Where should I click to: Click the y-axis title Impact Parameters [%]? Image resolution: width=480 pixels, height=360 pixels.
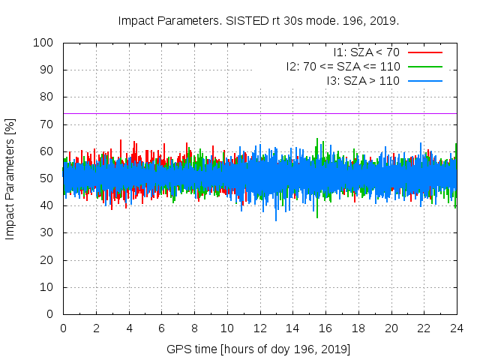pos(10,178)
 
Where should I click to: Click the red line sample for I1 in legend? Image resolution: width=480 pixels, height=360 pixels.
pos(425,52)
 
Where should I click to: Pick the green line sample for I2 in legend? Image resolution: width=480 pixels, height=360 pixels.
pos(425,67)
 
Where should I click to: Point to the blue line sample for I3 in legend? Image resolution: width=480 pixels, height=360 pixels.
pos(425,81)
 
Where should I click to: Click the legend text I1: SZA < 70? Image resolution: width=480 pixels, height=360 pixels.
pos(367,52)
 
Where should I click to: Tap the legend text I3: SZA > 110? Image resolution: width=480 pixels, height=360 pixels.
pos(363,81)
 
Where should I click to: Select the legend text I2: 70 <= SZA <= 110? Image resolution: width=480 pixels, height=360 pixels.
pos(343,67)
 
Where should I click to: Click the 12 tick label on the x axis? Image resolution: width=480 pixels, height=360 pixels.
pos(260,328)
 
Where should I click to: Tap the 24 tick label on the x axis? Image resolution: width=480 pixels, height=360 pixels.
pos(457,328)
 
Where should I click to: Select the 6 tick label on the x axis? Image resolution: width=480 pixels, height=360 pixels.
pos(161,328)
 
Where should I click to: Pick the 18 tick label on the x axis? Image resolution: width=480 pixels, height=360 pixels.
pos(358,328)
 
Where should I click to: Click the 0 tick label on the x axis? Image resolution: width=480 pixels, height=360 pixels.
pos(63,328)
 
